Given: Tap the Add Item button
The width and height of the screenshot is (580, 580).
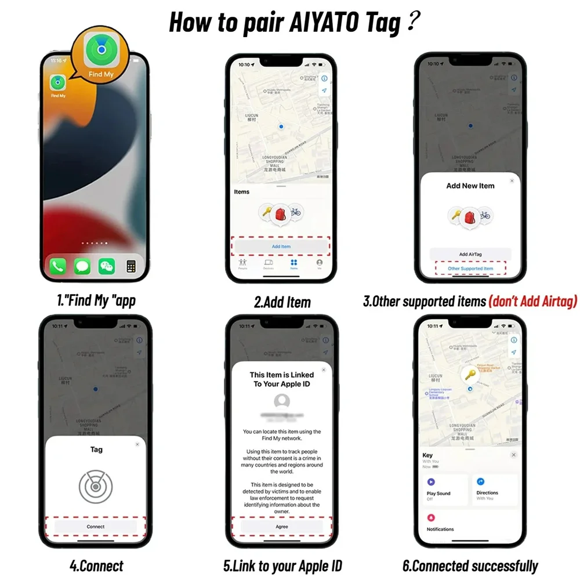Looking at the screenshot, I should [x=281, y=246].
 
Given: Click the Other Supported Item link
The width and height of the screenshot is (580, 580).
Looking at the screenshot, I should [x=470, y=269].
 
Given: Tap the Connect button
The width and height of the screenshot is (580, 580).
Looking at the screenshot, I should [x=96, y=527].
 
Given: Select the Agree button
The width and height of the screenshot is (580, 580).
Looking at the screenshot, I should [x=282, y=527].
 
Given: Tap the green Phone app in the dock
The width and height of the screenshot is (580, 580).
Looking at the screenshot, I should [x=58, y=266].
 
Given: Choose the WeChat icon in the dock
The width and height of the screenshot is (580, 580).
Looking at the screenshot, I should [x=107, y=266].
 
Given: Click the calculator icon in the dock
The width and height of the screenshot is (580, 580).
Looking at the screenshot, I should [x=131, y=266].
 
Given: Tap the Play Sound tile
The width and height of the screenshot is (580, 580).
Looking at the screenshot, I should [x=444, y=490].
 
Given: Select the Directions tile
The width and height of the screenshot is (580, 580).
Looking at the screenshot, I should [x=494, y=490].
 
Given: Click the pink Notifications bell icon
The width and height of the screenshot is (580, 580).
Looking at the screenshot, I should [x=431, y=517].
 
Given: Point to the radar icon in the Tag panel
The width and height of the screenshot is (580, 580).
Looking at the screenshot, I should [x=96, y=485].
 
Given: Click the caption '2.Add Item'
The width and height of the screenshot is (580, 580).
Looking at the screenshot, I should [x=282, y=302].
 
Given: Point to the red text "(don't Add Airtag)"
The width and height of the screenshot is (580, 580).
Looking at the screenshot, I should [x=532, y=302].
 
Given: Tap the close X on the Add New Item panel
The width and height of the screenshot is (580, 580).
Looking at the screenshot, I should [x=512, y=181].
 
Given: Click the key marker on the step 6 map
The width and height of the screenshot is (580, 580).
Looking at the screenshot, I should [x=470, y=375].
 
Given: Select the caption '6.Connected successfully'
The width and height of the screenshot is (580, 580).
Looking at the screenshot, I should [x=470, y=565].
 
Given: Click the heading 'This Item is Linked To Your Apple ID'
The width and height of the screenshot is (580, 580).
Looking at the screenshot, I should [x=282, y=379].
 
